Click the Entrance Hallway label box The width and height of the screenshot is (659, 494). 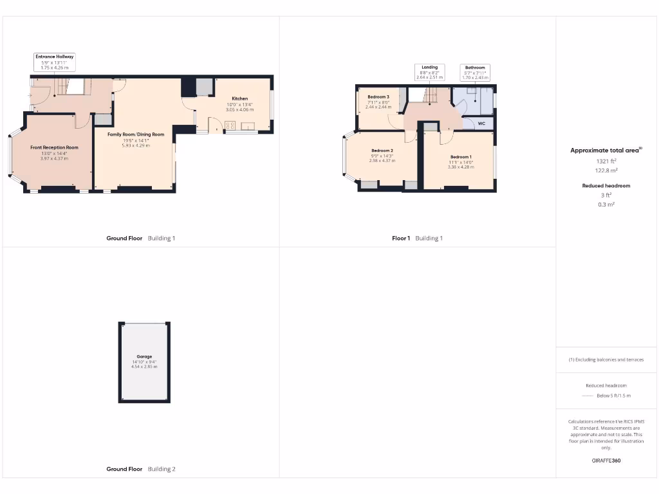coord(55,62)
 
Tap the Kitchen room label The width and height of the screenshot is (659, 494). coord(239,98)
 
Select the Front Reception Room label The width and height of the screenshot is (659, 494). coord(55,147)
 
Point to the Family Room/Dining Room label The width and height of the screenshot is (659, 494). coord(136,134)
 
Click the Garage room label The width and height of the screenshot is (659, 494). coord(144,356)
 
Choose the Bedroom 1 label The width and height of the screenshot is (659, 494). coord(461,157)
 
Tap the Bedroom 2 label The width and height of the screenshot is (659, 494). coord(382,151)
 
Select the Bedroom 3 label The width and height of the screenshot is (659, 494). coord(378,97)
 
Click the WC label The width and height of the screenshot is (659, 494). coord(481,123)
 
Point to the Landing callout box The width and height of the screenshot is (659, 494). coord(430,72)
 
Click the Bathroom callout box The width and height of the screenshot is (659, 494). coord(475,72)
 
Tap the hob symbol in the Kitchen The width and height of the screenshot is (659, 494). coord(230,125)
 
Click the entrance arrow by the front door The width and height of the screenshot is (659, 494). coord(30,96)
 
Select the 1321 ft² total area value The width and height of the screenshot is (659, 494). coord(606,161)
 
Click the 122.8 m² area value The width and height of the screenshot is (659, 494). coord(606,170)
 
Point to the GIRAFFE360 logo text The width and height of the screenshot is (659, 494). coord(606,461)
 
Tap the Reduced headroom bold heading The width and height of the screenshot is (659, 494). coord(606,186)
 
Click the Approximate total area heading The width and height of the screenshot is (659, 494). coord(606,151)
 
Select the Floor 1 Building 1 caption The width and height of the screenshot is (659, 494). coord(418,238)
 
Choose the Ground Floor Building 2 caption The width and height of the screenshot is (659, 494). coord(140,469)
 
